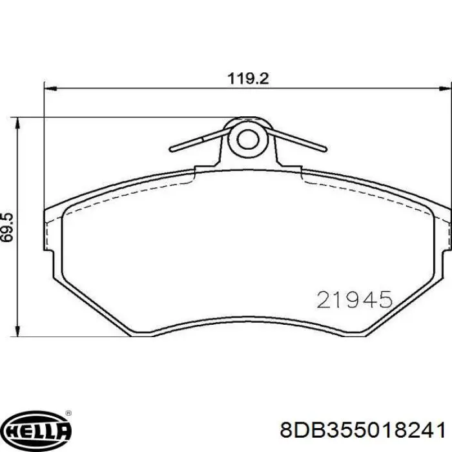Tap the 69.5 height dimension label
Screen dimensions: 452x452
[x=8, y=226]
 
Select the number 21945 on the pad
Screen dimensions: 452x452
[x=354, y=300]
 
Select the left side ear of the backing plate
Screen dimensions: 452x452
[x=48, y=229]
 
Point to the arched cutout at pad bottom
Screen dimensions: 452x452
[x=247, y=323]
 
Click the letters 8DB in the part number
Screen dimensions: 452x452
[x=293, y=430]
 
